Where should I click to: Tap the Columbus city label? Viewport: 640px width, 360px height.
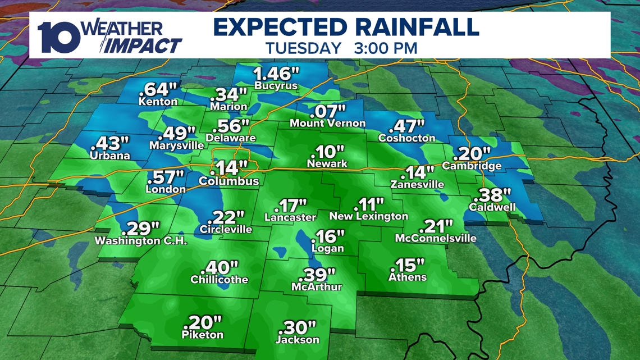pos(229,181)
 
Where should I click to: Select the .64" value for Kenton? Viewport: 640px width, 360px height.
pos(161,90)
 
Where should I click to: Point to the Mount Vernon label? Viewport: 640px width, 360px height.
pos(328,123)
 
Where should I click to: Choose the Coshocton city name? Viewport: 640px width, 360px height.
pos(407,138)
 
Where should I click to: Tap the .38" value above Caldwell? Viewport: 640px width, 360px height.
pos(492,195)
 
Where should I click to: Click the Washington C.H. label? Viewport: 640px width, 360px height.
pos(141,241)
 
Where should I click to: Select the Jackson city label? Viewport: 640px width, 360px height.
pos(297,339)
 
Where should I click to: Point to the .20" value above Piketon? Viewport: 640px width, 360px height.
pos(203,322)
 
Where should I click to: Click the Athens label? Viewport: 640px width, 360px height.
pos(408,277)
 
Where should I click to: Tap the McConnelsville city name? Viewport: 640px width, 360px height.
pos(436,238)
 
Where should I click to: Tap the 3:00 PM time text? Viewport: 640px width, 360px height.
pos(386,48)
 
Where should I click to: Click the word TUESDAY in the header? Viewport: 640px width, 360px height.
pos(303,48)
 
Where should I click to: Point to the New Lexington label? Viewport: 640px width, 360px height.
pos(368,216)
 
